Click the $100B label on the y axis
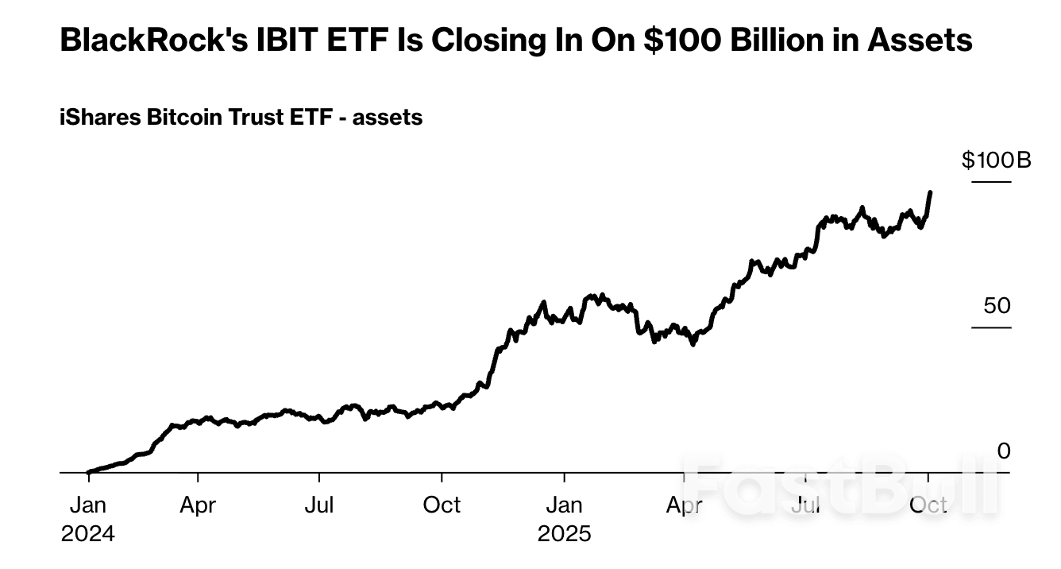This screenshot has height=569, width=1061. [x=996, y=161]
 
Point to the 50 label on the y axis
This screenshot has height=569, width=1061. [x=998, y=306]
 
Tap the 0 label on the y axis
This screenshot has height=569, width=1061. [x=1004, y=451]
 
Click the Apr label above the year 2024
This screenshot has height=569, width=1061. [x=197, y=505]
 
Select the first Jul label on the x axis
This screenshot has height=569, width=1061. [x=319, y=505]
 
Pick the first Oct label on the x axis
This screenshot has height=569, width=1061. [x=441, y=505]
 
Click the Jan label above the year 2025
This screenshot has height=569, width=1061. [x=564, y=505]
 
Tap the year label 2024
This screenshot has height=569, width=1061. [x=87, y=533]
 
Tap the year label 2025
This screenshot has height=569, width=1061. [x=564, y=533]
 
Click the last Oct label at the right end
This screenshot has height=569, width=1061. [x=928, y=505]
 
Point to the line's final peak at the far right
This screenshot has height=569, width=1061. [x=930, y=192]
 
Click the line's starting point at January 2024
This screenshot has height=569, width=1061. [x=88, y=472]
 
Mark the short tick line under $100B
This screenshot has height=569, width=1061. [x=992, y=183]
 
